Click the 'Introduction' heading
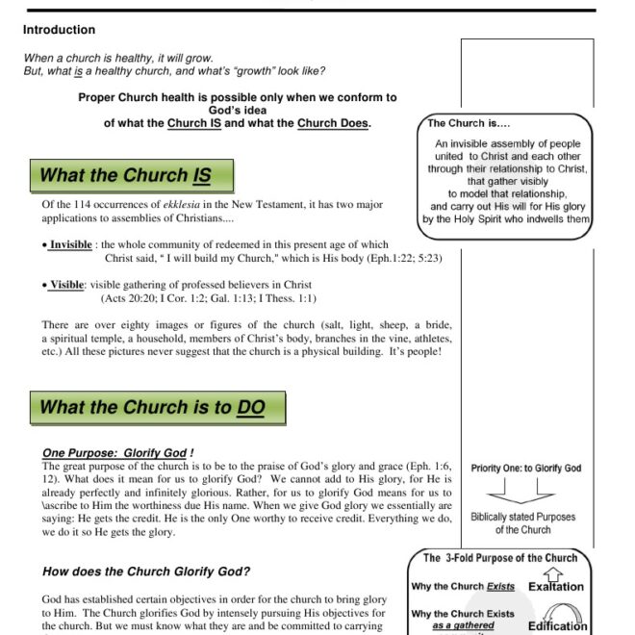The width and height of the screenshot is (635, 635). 59,30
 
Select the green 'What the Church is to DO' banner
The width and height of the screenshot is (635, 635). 157,407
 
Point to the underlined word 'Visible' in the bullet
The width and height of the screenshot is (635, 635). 67,286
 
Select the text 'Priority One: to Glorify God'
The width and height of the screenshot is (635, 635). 525,469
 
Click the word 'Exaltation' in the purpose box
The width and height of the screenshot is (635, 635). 555,586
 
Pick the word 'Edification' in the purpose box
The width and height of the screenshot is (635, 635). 557,625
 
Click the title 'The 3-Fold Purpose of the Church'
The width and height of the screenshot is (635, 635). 500,557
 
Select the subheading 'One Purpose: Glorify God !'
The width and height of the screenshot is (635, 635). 118,452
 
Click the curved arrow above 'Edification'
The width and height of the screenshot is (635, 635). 559,611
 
